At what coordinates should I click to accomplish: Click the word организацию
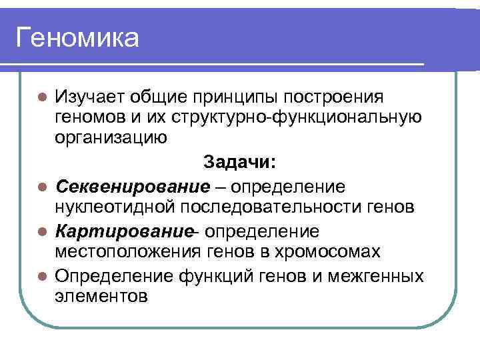point(111,139)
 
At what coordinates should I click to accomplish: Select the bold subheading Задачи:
point(241,162)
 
